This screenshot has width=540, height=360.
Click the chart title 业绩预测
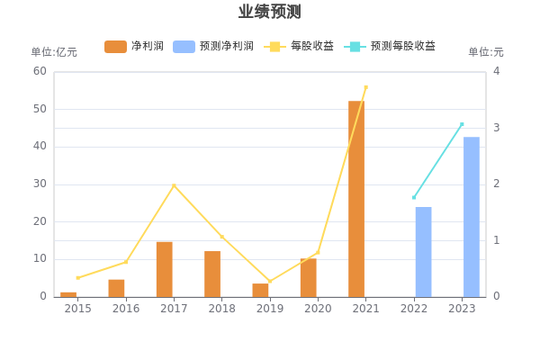click(x=269, y=12)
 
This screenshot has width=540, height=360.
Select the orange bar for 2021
click(x=356, y=198)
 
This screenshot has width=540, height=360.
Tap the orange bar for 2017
click(x=164, y=268)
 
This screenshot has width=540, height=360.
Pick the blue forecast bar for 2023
click(x=472, y=216)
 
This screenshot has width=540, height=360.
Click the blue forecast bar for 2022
click(x=423, y=252)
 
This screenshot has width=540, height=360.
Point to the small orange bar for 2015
click(x=68, y=293)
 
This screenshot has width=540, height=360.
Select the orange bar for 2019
click(x=260, y=290)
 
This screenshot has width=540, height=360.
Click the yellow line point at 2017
click(x=174, y=185)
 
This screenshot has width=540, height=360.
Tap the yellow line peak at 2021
click(x=365, y=87)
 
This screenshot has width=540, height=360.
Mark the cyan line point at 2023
click(x=462, y=124)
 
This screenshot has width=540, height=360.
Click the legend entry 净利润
click(x=133, y=46)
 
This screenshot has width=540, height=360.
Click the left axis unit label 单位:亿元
click(x=54, y=52)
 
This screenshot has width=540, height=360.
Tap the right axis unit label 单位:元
click(x=486, y=52)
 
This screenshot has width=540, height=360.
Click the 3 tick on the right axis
click(x=496, y=128)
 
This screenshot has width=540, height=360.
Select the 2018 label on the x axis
click(x=221, y=309)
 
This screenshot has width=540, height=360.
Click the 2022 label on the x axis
click(x=414, y=309)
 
